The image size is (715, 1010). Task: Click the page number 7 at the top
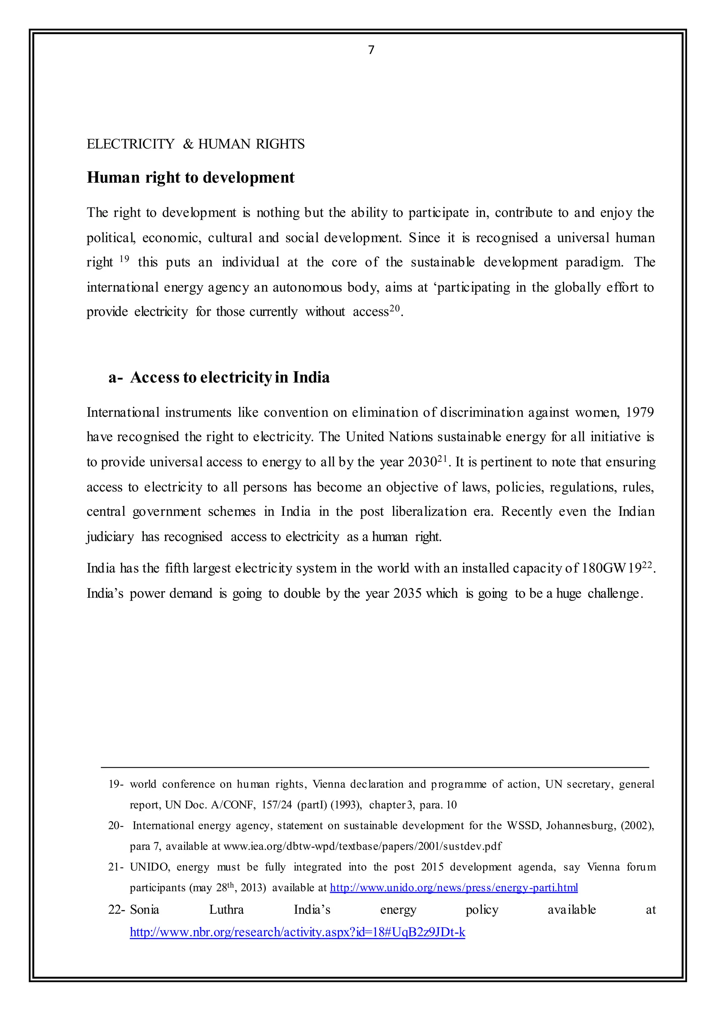[x=371, y=50]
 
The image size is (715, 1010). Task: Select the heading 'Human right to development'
[x=190, y=177]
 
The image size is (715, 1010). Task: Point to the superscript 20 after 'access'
[x=395, y=308]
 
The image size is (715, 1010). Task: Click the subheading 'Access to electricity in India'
[x=229, y=377]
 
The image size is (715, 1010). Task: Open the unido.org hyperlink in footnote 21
[x=454, y=888]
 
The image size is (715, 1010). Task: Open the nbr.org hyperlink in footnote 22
[x=297, y=932]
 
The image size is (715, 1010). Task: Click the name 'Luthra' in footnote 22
[x=226, y=910]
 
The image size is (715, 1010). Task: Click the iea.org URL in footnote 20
[x=362, y=846]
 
